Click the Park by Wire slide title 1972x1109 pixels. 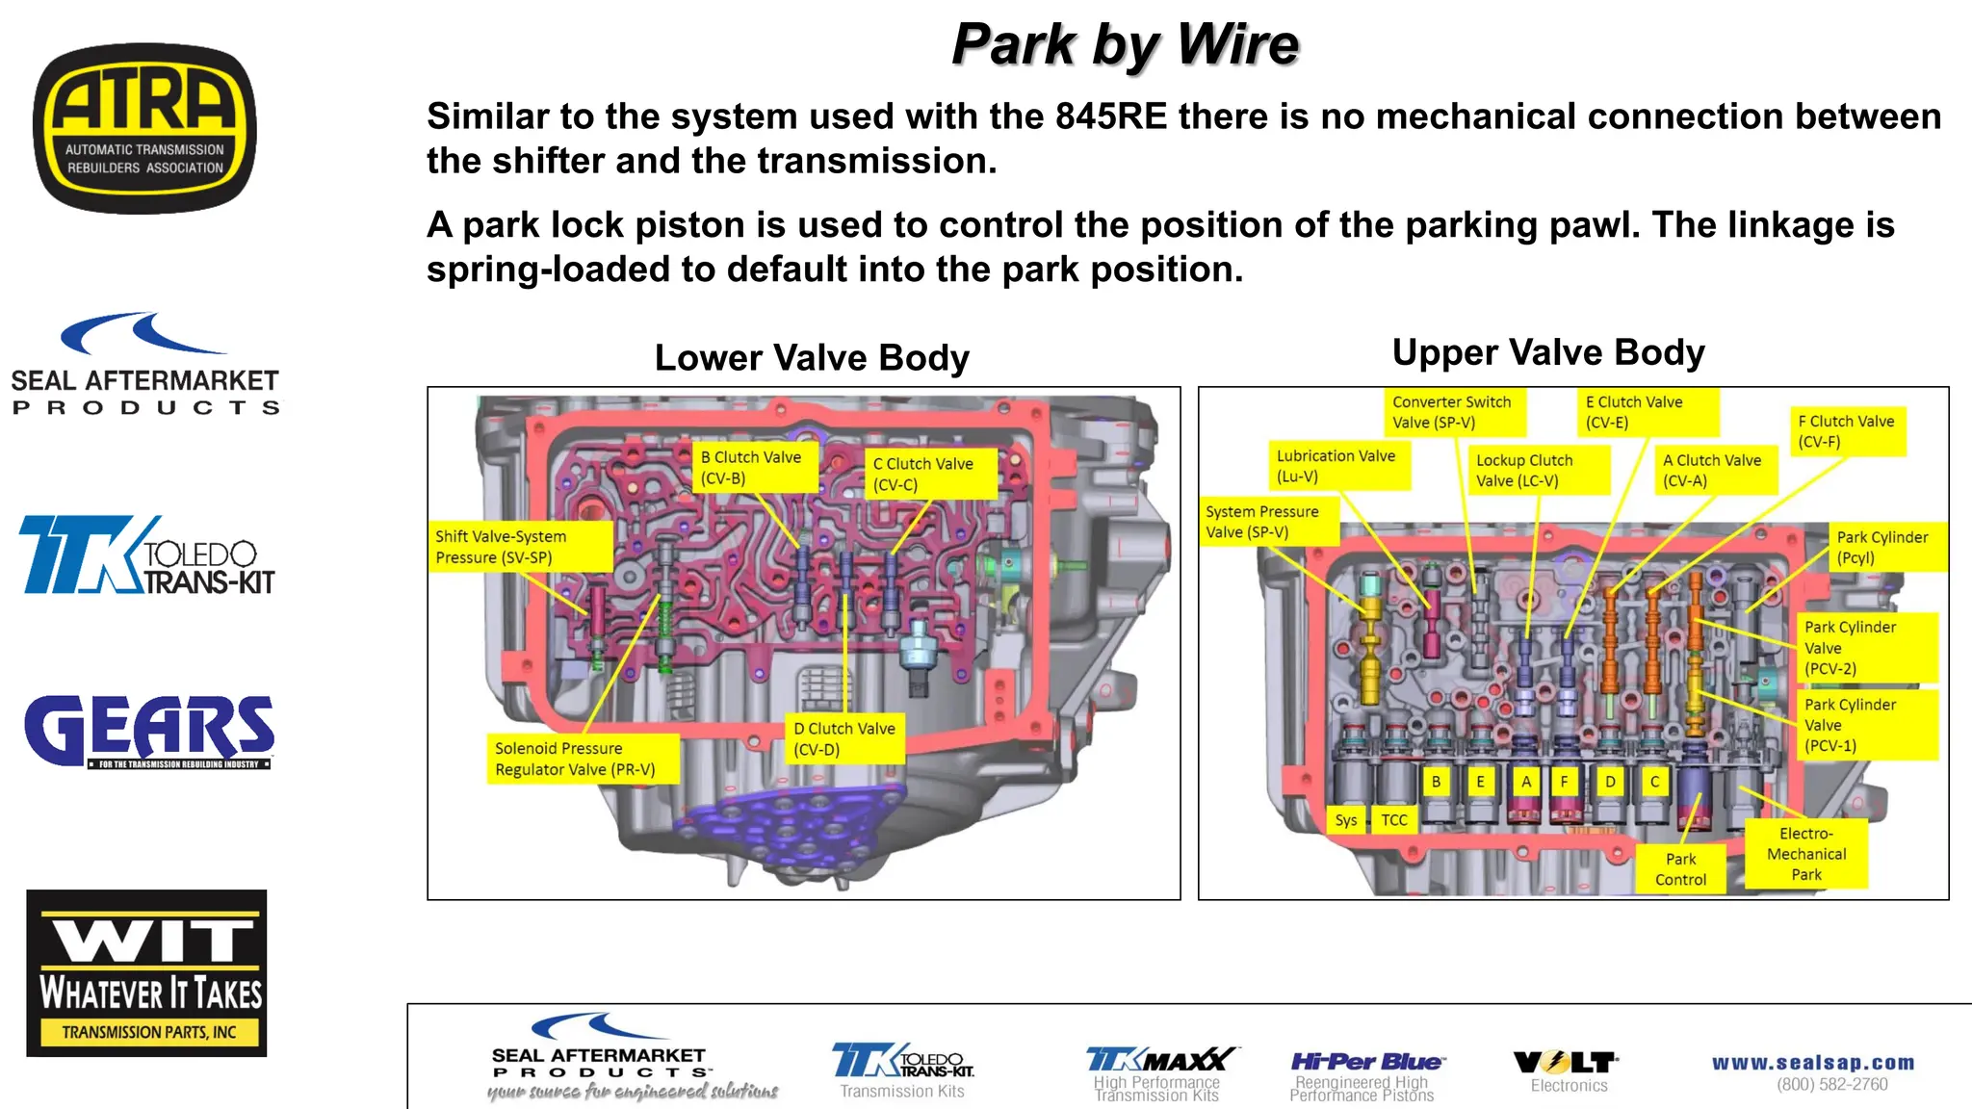pos(1125,44)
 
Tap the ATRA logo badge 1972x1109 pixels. pos(144,128)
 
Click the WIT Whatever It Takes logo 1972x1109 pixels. pos(146,972)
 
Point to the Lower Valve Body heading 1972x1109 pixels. pos(812,358)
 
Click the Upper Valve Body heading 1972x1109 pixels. pos(1548,352)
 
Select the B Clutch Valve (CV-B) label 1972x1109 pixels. pos(754,468)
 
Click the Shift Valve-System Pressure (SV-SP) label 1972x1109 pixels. pos(520,547)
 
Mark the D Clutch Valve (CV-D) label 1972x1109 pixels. pos(844,738)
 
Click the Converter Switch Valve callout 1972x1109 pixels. pos(1453,412)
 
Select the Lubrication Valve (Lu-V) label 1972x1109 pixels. pos(1338,466)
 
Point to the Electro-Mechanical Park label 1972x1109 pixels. pos(1806,854)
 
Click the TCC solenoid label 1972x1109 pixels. pos(1393,820)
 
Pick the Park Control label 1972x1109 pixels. pos(1680,869)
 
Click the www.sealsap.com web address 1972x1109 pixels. pos(1813,1063)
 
